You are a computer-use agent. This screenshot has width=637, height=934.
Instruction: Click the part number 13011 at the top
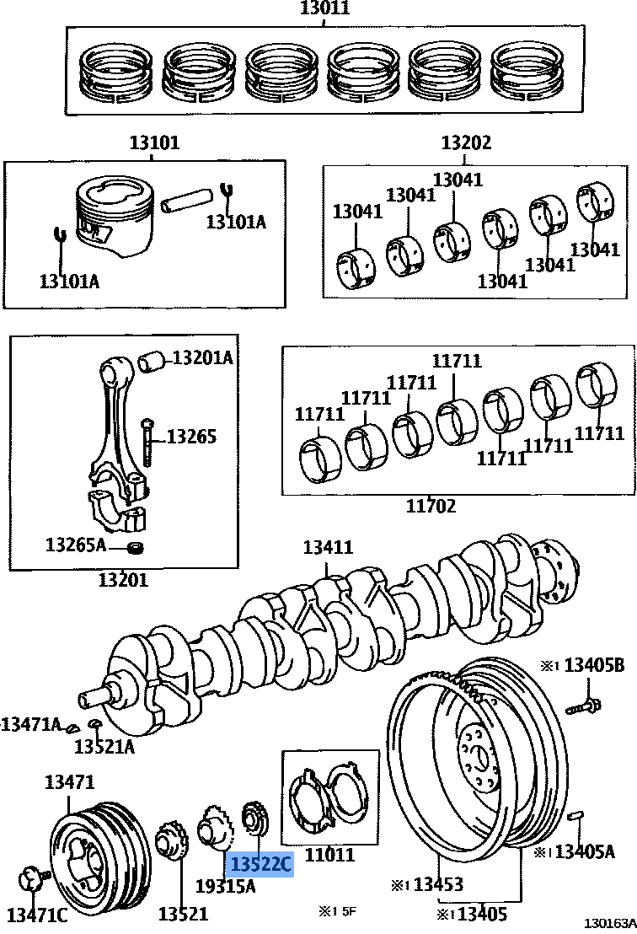[x=324, y=9]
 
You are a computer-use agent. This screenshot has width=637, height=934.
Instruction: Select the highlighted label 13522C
[x=261, y=864]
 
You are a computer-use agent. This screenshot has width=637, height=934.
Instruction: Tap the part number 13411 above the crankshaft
[x=328, y=547]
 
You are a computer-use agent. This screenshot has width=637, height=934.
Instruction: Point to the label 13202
[x=466, y=142]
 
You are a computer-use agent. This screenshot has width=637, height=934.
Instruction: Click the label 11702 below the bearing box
[x=431, y=506]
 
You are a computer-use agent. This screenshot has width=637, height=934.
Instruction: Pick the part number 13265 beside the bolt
[x=191, y=436]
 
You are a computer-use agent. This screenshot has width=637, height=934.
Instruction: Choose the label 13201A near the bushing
[x=202, y=357]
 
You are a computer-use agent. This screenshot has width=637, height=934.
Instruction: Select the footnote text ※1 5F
[x=337, y=910]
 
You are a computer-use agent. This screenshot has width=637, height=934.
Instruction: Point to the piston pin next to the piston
[x=189, y=202]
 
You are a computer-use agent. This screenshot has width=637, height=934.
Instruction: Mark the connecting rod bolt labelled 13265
[x=147, y=441]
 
